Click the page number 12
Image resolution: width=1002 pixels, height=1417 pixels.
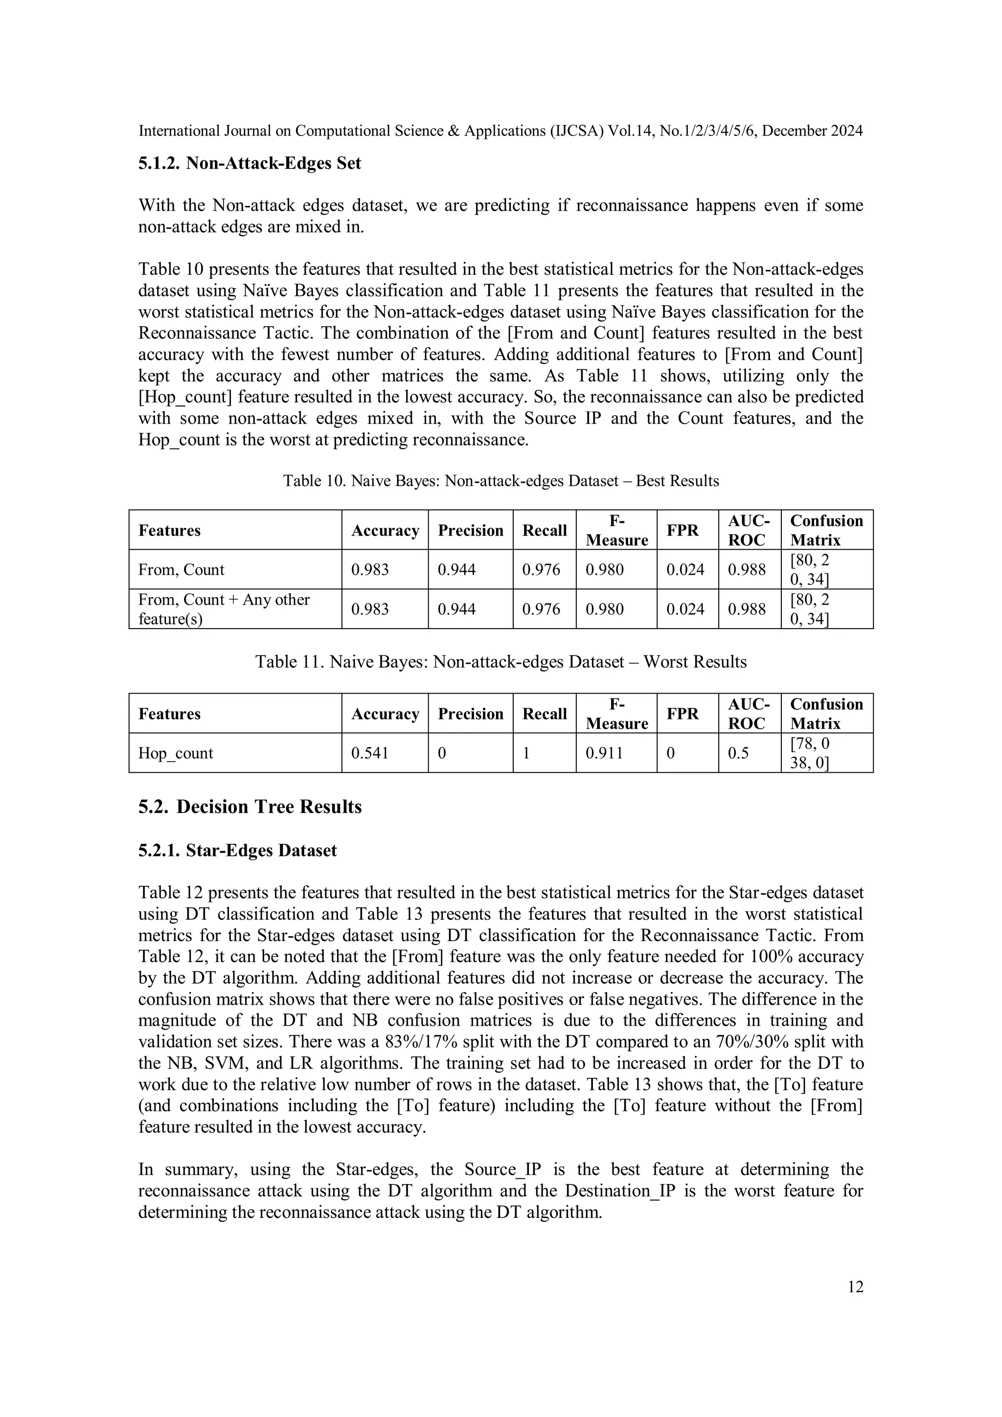click(855, 1286)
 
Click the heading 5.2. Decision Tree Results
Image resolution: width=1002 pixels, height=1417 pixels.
click(250, 807)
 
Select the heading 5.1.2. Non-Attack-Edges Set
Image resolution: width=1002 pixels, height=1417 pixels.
click(250, 163)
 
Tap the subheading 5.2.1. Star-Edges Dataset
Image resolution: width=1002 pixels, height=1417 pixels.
click(238, 851)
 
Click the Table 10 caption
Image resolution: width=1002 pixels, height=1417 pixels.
click(501, 481)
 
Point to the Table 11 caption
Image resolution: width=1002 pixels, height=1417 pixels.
click(501, 662)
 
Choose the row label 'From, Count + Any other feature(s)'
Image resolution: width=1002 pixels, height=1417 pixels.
click(224, 608)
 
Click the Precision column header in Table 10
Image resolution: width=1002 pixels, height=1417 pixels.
click(471, 531)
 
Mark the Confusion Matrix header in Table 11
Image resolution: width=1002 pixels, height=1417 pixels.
click(826, 714)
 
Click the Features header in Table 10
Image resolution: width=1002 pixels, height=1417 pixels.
click(169, 531)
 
